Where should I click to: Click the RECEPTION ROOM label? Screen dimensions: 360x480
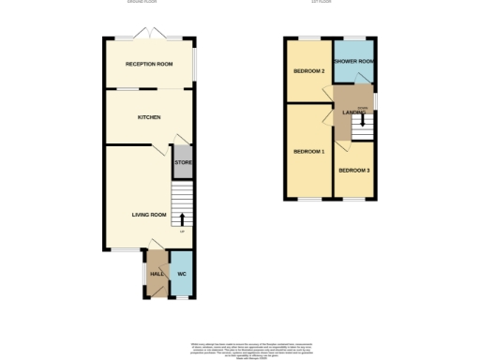pyautogui.click(x=150, y=64)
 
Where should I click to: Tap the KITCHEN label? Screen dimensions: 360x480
pyautogui.click(x=149, y=117)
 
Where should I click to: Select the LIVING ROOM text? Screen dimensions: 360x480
pyautogui.click(x=148, y=215)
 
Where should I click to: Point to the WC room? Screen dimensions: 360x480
pyautogui.click(x=182, y=275)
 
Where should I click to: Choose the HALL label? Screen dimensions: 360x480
pyautogui.click(x=157, y=275)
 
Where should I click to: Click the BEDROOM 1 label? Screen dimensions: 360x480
pyautogui.click(x=308, y=152)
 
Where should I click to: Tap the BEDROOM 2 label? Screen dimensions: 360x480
pyautogui.click(x=308, y=71)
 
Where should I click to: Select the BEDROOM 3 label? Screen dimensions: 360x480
pyautogui.click(x=354, y=170)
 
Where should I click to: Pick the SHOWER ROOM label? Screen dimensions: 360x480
pyautogui.click(x=354, y=62)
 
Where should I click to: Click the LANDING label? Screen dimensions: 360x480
pyautogui.click(x=353, y=112)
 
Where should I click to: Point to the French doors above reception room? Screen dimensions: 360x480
pyautogui.click(x=150, y=36)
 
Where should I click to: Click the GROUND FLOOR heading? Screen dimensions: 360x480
pyautogui.click(x=142, y=3)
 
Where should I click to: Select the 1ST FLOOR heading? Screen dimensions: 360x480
pyautogui.click(x=322, y=3)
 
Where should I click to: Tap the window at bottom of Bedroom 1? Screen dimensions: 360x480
pyautogui.click(x=308, y=199)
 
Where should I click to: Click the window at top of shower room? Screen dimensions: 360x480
pyautogui.click(x=354, y=39)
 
